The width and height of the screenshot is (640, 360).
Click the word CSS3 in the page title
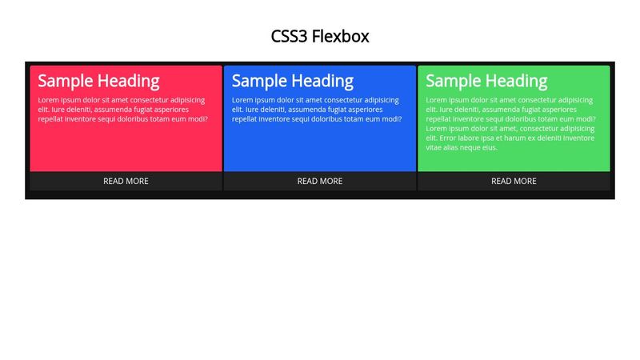[289, 36]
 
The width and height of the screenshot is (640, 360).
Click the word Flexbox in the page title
[341, 36]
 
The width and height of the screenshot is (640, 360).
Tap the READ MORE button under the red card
[126, 182]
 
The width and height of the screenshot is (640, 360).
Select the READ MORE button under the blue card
[319, 182]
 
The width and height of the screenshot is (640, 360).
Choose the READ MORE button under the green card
[514, 182]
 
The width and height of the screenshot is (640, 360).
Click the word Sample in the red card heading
[66, 82]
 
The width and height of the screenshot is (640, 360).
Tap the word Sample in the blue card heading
[259, 82]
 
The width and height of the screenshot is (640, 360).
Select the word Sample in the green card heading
[454, 82]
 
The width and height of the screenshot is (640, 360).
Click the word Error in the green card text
[447, 138]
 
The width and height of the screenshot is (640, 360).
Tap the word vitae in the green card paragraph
[434, 147]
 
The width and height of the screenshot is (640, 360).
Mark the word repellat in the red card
[50, 118]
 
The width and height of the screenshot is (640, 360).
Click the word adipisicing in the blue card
[382, 100]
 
